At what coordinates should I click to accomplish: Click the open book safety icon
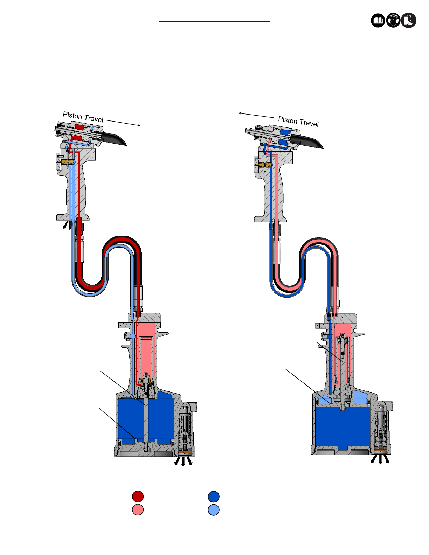tap(378, 20)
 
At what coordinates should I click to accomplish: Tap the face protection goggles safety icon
tap(393, 20)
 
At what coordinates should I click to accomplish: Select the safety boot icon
tap(409, 20)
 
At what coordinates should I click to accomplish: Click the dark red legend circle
tap(138, 496)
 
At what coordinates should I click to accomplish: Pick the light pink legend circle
tap(138, 510)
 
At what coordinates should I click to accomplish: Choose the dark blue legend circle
tap(214, 497)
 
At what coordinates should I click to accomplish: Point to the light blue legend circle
tap(214, 510)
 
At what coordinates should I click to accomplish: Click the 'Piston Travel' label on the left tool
tap(83, 117)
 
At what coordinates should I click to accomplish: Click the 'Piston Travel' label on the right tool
tap(298, 122)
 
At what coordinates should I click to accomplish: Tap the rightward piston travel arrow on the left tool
tap(123, 123)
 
